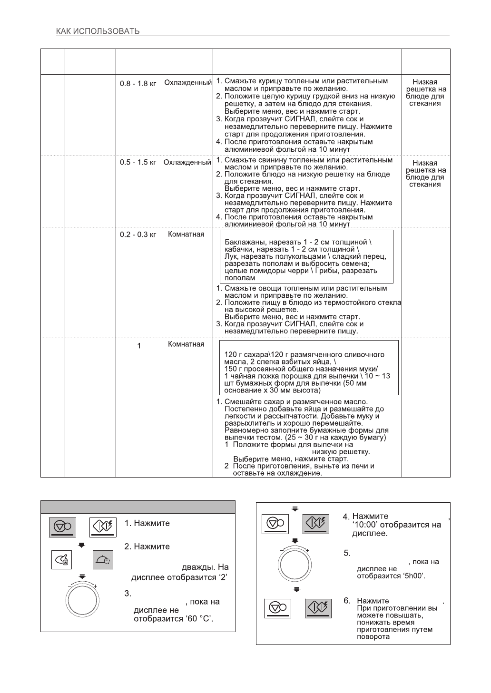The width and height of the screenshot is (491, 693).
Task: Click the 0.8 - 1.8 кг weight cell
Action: (x=138, y=84)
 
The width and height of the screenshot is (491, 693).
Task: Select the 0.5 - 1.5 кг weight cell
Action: (x=138, y=163)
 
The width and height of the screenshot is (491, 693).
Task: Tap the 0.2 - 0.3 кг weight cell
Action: (x=138, y=235)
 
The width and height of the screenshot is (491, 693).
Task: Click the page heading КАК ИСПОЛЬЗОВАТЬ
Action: (x=98, y=32)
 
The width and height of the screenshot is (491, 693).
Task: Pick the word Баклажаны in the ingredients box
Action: (x=243, y=242)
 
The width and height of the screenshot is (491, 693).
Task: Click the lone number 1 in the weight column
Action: (x=139, y=346)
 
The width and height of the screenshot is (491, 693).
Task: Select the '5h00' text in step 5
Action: (x=412, y=576)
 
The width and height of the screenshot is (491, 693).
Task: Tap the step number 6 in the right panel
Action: (x=347, y=601)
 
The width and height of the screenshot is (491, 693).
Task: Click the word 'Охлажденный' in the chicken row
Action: (x=188, y=83)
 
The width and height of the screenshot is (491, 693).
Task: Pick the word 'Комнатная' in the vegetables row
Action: (x=186, y=234)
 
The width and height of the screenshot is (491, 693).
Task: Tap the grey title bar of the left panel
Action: (x=138, y=507)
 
